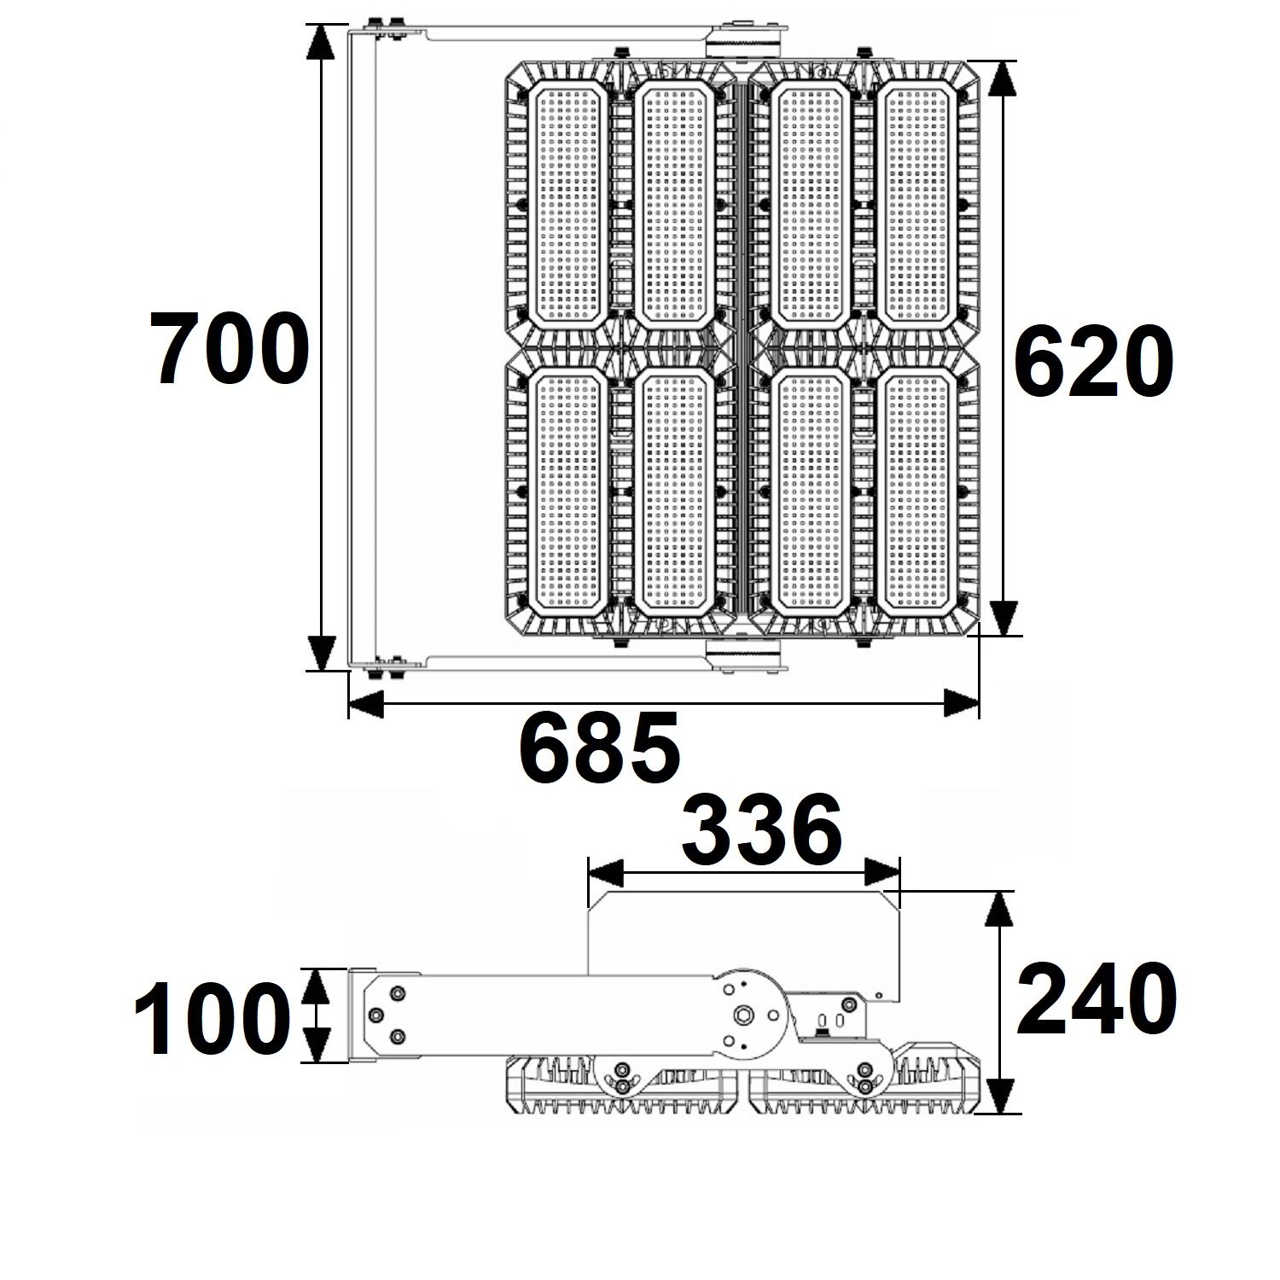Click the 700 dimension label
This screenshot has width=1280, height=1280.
click(x=229, y=348)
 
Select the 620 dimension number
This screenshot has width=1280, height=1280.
click(x=1092, y=362)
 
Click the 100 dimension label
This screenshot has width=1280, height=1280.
click(x=207, y=1018)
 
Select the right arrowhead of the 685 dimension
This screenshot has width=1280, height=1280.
click(x=961, y=704)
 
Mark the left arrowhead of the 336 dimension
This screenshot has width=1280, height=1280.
click(x=605, y=872)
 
